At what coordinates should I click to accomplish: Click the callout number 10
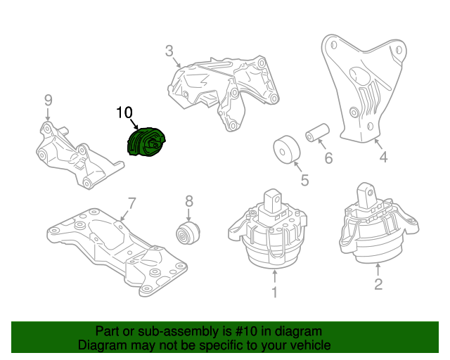[x=124, y=112]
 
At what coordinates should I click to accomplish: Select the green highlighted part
[x=146, y=143]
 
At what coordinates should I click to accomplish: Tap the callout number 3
[x=169, y=51]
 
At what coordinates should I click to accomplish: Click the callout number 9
[x=48, y=99]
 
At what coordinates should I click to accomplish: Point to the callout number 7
[x=131, y=204]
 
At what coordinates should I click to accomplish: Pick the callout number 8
[x=188, y=202]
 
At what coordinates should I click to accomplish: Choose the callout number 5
[x=304, y=181]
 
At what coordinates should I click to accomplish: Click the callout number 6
[x=328, y=159]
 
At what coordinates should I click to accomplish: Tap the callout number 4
[x=383, y=158]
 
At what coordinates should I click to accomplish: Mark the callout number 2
[x=378, y=284]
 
